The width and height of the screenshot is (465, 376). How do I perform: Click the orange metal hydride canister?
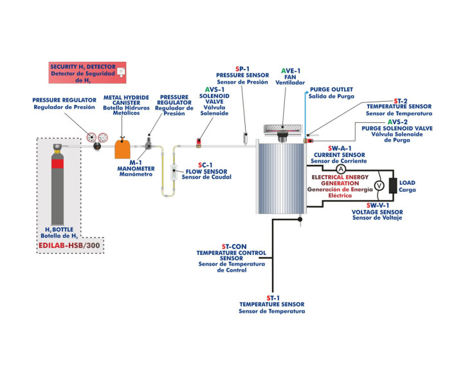click(x=123, y=148)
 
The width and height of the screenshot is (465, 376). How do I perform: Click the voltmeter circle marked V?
click(x=378, y=185)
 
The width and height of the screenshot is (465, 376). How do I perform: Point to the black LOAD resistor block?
click(x=393, y=185)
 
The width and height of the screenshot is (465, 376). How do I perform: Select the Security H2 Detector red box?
click(x=87, y=73)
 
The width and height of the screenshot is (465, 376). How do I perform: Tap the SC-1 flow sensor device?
click(x=173, y=173)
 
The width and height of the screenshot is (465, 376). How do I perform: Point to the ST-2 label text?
click(x=400, y=100)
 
